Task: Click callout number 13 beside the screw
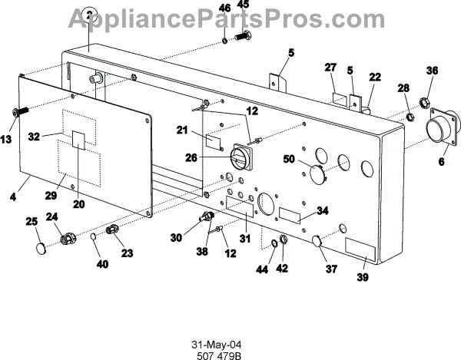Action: (7, 140)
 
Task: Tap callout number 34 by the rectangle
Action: (323, 210)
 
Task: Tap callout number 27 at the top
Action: (330, 68)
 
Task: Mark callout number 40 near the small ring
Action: (102, 265)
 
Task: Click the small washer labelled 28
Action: (411, 117)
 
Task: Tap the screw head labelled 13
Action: (17, 113)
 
